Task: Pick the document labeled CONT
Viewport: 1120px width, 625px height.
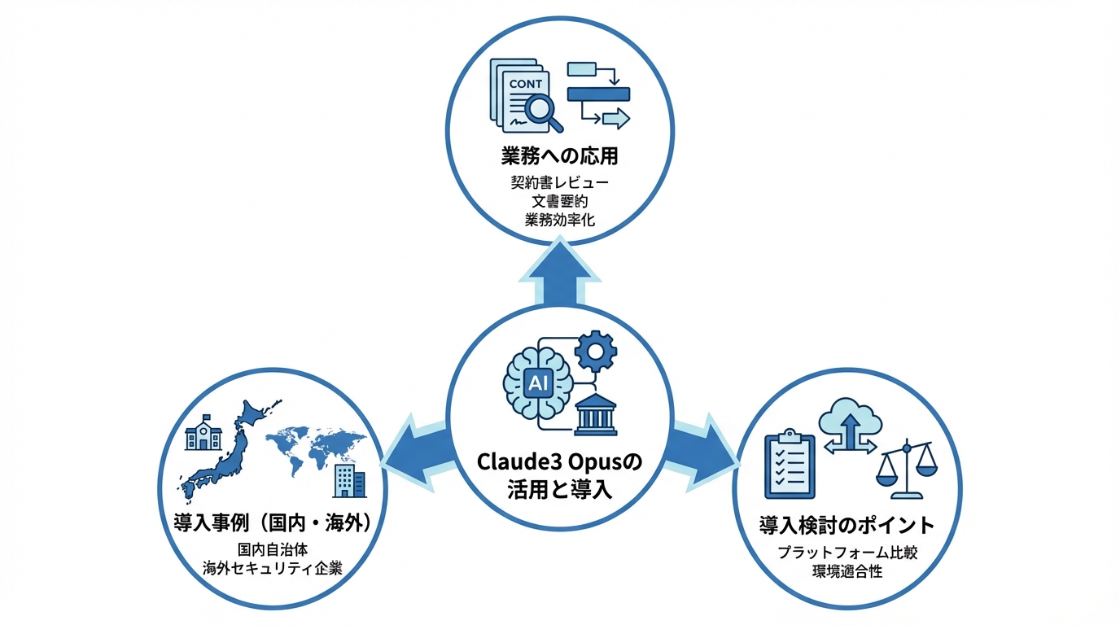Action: click(x=521, y=94)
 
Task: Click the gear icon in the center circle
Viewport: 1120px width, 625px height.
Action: click(x=596, y=352)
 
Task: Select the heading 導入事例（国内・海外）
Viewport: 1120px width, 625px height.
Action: click(x=272, y=523)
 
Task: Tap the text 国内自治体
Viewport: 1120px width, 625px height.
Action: click(x=272, y=549)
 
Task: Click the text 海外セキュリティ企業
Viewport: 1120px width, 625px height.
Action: click(x=272, y=569)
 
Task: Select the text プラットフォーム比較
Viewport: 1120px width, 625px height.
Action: click(x=847, y=552)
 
